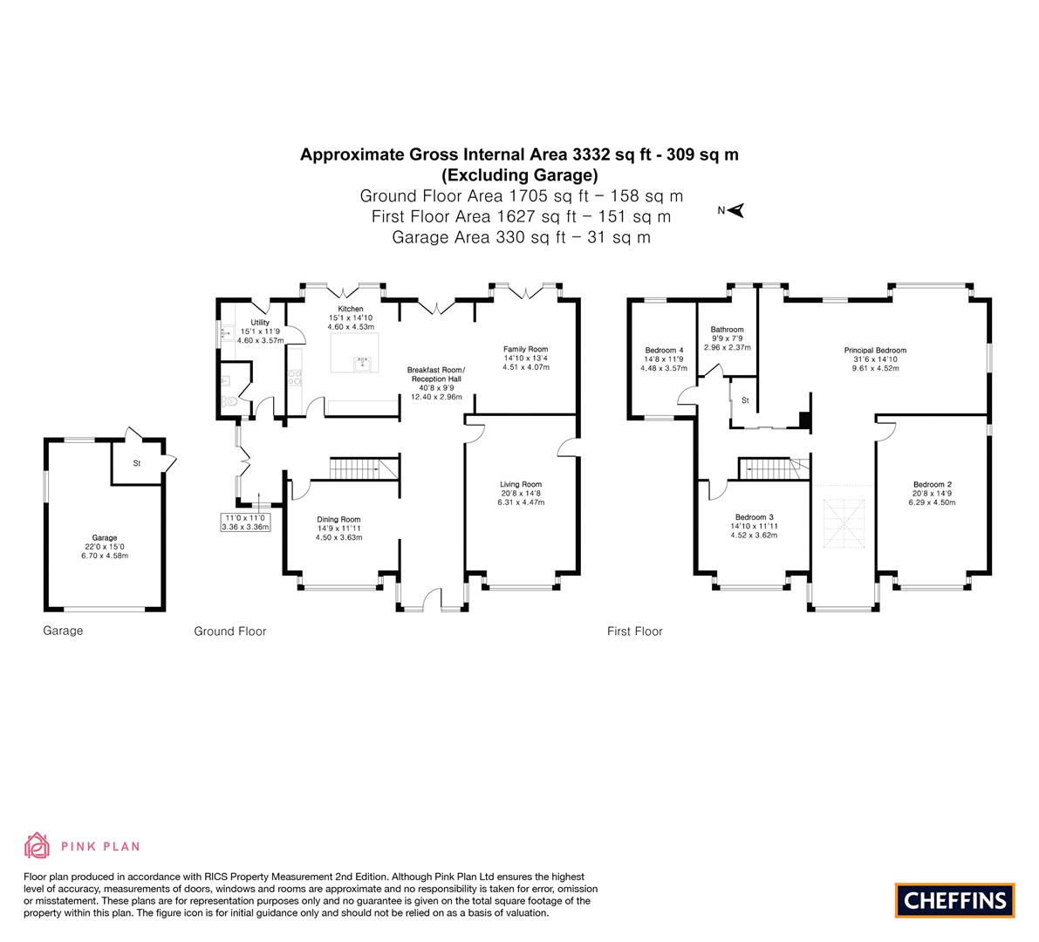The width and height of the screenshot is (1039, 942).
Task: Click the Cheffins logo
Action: [954, 900]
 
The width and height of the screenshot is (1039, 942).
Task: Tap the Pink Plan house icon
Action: [38, 845]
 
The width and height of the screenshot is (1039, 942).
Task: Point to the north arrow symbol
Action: [735, 210]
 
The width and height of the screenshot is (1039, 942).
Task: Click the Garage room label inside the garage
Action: [105, 538]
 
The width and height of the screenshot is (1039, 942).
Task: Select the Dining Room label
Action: [338, 519]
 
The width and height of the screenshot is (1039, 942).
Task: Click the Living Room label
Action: [521, 484]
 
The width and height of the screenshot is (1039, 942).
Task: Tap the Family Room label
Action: [525, 349]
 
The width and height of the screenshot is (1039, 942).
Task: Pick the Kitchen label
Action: [351, 309]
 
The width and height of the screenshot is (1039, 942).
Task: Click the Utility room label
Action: [260, 323]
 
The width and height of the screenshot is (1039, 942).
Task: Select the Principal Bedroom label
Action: [875, 351]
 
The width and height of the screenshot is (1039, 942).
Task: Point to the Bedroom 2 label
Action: [933, 484]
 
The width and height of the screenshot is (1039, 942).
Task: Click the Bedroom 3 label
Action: [754, 517]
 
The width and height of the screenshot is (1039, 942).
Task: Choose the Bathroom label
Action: [727, 329]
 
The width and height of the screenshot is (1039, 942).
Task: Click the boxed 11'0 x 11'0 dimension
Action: [245, 522]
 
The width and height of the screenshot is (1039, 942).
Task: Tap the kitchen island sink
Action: [362, 364]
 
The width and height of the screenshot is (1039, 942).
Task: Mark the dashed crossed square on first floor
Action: [844, 523]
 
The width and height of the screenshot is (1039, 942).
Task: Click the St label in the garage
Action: [136, 463]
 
